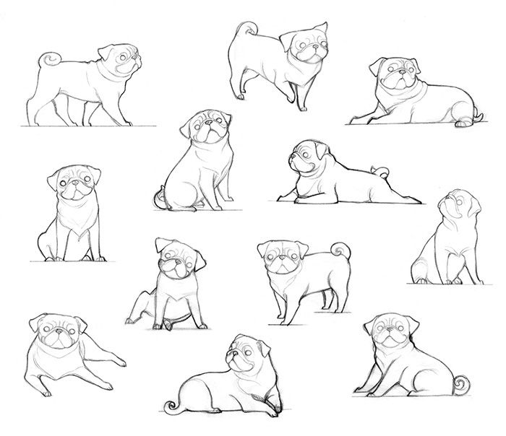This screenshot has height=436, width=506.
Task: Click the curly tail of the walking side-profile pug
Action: click(x=48, y=60)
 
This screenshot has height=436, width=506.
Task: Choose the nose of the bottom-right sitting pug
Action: click(x=391, y=336)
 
